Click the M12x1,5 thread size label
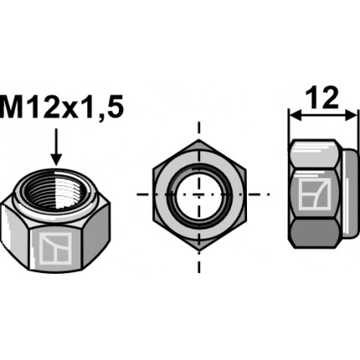59,107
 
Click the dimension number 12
321,98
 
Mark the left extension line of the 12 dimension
289,126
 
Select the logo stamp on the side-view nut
314,193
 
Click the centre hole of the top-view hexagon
199,193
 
